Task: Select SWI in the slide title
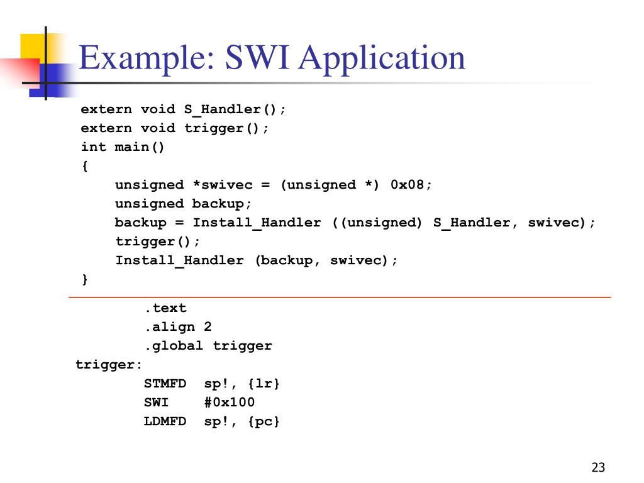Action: pyautogui.click(x=258, y=58)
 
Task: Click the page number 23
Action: pyautogui.click(x=598, y=467)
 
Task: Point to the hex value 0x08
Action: pyautogui.click(x=411, y=185)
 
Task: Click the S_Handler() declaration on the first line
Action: pyautogui.click(x=235, y=109)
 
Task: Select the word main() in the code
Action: pyautogui.click(x=140, y=147)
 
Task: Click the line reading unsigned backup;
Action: pyautogui.click(x=183, y=204)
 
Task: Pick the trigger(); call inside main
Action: pyautogui.click(x=157, y=241)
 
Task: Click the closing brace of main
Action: pyautogui.click(x=85, y=279)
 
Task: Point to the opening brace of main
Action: pyautogui.click(x=85, y=166)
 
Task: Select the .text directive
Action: pyautogui.click(x=165, y=308)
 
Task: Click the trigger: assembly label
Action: pyautogui.click(x=109, y=365)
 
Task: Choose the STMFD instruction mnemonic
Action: pyautogui.click(x=165, y=384)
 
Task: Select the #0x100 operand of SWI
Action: pyautogui.click(x=230, y=402)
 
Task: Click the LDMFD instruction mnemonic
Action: pyautogui.click(x=165, y=421)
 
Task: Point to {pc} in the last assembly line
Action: pyautogui.click(x=264, y=421)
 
